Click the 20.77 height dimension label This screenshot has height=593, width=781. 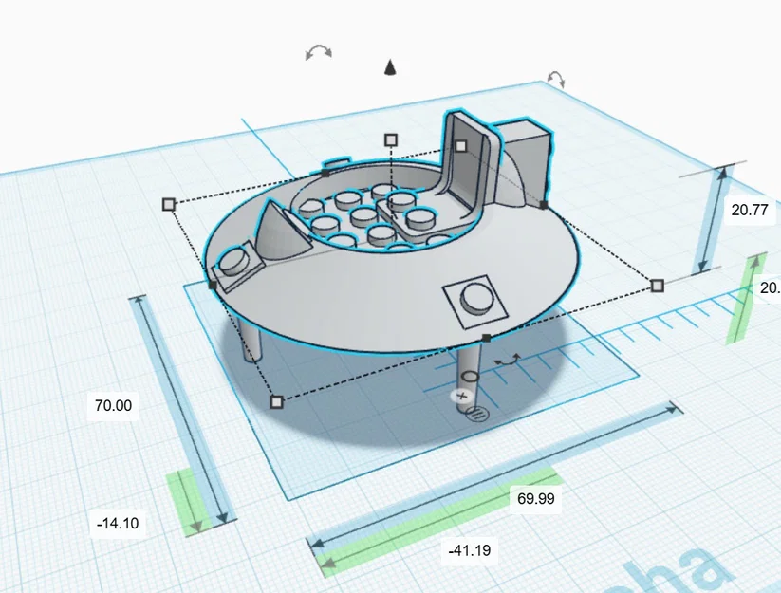pyautogui.click(x=750, y=211)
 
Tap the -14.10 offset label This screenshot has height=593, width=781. pyautogui.click(x=118, y=523)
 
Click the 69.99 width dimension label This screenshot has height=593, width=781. pyautogui.click(x=535, y=498)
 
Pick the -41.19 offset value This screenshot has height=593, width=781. pyautogui.click(x=470, y=549)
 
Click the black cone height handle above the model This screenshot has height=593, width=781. pyautogui.click(x=389, y=66)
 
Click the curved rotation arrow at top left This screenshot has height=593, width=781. pyautogui.click(x=319, y=51)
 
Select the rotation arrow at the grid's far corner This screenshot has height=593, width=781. pyautogui.click(x=556, y=79)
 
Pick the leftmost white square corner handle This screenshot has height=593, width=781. pyautogui.click(x=169, y=204)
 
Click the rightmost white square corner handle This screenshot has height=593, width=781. pyautogui.click(x=657, y=285)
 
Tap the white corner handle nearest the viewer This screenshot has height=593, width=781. pyautogui.click(x=276, y=402)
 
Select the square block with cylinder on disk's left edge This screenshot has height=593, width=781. pyautogui.click(x=235, y=265)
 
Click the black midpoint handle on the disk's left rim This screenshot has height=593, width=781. pyautogui.click(x=211, y=284)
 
